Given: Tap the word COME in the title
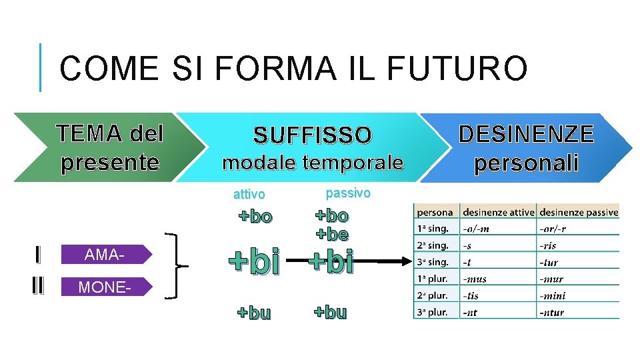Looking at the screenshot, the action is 109,69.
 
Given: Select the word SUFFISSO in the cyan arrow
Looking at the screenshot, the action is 312,136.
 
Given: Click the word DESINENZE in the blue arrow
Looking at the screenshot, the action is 526,135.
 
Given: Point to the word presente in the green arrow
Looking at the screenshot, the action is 110,163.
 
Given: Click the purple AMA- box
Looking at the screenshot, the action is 106,254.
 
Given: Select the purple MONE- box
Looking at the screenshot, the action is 106,287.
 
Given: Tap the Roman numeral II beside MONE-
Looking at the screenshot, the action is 37,286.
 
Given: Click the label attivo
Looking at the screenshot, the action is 249,195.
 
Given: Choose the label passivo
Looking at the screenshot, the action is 347,193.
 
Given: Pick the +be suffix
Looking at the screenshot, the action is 332,234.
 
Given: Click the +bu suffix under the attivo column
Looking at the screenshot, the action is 255,313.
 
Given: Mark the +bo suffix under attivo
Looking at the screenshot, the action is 255,217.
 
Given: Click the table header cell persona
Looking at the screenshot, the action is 435,213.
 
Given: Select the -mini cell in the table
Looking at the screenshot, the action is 553,295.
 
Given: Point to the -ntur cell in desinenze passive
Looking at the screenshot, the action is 553,312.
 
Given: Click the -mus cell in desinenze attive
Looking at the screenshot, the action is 474,279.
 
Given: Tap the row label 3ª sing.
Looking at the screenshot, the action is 433,262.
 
